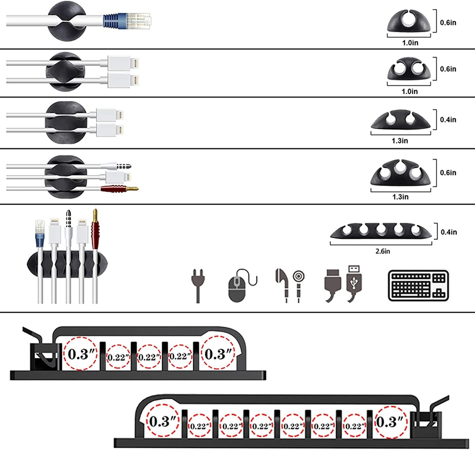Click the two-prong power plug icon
coord(198,286)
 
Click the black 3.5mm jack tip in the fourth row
coord(126,166)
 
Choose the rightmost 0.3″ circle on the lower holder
coord(391,422)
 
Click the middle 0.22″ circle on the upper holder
coord(149,356)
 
